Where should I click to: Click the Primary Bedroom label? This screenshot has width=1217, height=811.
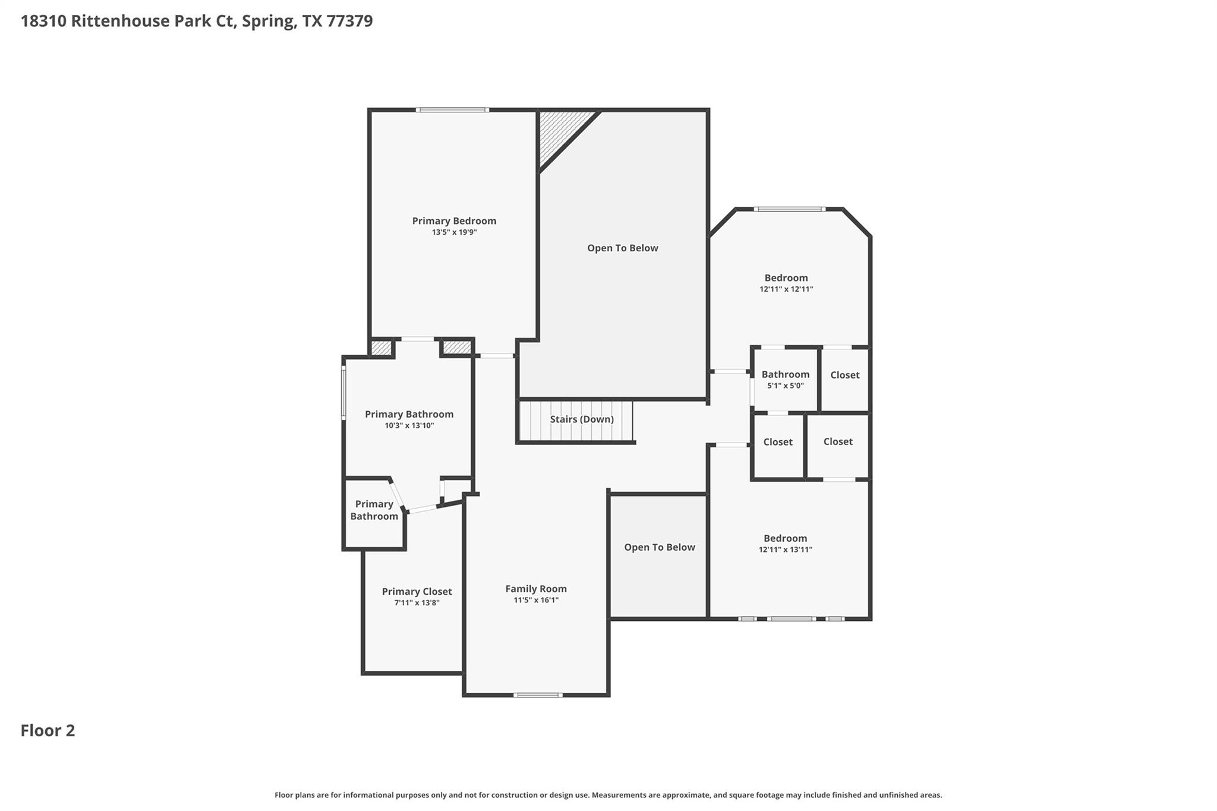pyautogui.click(x=454, y=221)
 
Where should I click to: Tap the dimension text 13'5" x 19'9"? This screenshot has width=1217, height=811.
pyautogui.click(x=454, y=232)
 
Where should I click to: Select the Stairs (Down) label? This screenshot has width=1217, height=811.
pyautogui.click(x=581, y=419)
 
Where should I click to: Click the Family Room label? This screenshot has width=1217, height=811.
pyautogui.click(x=536, y=589)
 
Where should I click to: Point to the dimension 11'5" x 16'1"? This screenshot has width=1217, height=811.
pyautogui.click(x=536, y=600)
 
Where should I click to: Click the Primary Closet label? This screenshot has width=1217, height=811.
pyautogui.click(x=417, y=592)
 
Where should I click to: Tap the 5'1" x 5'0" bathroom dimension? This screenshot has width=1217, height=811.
pyautogui.click(x=785, y=386)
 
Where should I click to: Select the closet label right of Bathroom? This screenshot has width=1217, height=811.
pyautogui.click(x=844, y=375)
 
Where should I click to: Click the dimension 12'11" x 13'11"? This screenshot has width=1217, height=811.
pyautogui.click(x=785, y=550)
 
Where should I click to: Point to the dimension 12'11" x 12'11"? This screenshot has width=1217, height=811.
pyautogui.click(x=786, y=289)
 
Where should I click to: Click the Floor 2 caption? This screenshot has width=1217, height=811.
pyautogui.click(x=48, y=731)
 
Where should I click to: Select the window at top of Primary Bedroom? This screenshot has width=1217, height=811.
pyautogui.click(x=452, y=110)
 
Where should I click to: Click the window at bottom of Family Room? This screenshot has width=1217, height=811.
pyautogui.click(x=537, y=695)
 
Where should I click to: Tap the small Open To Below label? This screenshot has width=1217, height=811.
pyautogui.click(x=659, y=547)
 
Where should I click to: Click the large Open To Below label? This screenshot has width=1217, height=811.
pyautogui.click(x=622, y=248)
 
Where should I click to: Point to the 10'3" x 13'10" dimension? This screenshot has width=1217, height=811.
pyautogui.click(x=409, y=425)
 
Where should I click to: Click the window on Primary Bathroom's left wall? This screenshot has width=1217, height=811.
pyautogui.click(x=343, y=393)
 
